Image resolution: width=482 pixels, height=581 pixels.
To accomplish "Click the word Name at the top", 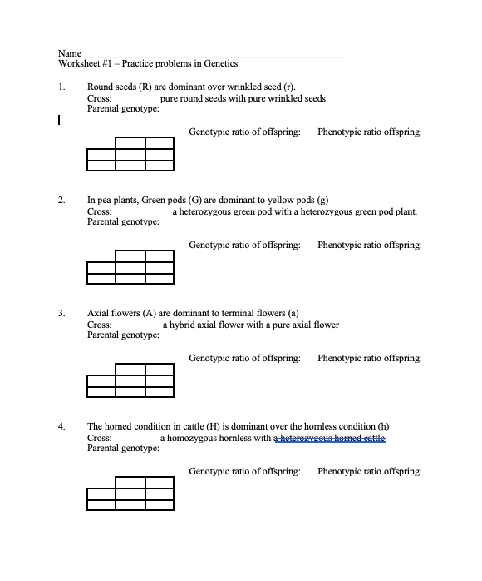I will tap(69, 52).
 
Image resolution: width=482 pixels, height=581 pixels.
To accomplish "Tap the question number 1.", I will tap(61, 87).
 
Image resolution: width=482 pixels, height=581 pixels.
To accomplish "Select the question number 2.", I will tap(61, 201).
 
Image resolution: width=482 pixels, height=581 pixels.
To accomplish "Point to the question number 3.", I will tap(61, 314).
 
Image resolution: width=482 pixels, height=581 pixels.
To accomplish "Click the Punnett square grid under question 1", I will tap(130, 153).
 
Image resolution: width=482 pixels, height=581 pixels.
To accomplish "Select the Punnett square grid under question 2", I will tap(130, 266).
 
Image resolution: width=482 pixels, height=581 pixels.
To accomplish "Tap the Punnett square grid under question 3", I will tap(130, 380).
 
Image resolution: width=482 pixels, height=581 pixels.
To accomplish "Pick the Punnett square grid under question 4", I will tap(130, 493).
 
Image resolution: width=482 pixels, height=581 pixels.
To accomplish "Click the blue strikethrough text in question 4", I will tap(331, 438).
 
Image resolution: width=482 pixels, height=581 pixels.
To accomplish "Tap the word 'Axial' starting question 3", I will tap(100, 314).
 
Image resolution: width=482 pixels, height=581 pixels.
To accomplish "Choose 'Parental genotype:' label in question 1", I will tap(123, 108).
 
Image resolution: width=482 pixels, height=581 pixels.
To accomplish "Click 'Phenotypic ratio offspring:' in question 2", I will tap(369, 245).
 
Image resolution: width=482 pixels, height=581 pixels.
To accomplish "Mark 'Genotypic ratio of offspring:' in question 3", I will tap(244, 358).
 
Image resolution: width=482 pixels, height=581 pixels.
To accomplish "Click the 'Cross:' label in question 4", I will tap(100, 438).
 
